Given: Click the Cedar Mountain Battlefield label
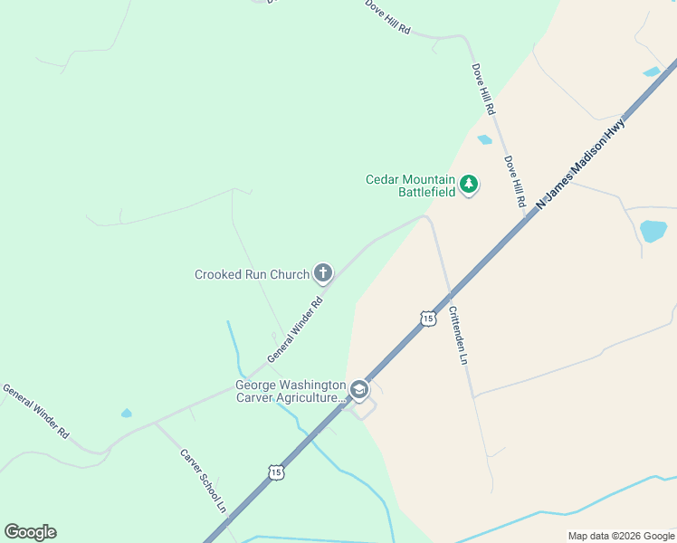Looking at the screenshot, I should pos(410,186).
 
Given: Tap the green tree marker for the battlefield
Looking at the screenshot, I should pos(469,185).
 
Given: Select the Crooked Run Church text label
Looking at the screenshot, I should pos(252,274).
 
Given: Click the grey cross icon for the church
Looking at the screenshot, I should pos(323,272).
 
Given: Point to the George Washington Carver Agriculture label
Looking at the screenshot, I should pos(291,391).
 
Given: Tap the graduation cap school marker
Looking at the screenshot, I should pos(359,389).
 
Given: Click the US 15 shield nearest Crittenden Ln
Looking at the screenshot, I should pos(427,317).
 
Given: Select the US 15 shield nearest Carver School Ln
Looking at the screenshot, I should pos(275,472).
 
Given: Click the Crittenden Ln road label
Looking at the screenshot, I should pos(458,335).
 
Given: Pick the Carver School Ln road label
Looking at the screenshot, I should pos(203,480).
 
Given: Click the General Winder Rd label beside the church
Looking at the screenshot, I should pos(295,331).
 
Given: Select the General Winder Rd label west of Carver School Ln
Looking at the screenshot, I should pos(36,411).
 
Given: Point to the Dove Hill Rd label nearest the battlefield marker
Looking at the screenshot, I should pos(514,182).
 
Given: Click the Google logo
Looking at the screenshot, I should pos(30,532).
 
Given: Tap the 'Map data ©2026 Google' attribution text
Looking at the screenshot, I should pos(621,536).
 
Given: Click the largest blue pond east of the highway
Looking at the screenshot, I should pos(653,230).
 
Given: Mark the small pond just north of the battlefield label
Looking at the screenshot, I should pos(484,139).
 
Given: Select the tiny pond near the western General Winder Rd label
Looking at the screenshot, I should pos(126,414).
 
